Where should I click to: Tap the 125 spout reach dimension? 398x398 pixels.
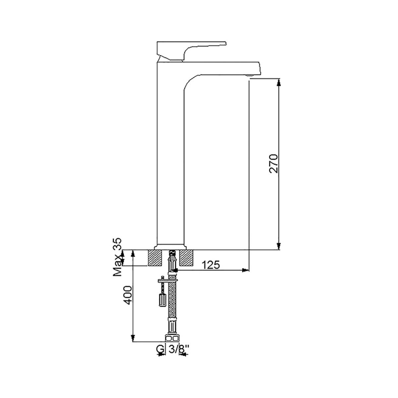211,265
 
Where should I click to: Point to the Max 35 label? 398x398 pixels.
117,257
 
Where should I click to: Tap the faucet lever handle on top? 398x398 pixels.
192,51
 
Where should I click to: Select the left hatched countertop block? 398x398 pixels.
155,258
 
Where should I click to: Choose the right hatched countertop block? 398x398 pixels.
186,258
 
